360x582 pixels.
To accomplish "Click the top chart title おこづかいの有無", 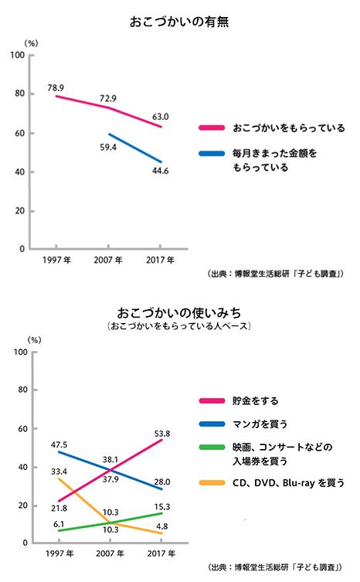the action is tap(179, 22).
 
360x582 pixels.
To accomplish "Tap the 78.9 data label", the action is tap(56, 88).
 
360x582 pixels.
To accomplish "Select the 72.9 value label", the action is tap(108, 98).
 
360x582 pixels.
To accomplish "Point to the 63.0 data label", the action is tap(161, 117).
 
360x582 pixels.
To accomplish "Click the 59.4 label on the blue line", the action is tap(108, 148).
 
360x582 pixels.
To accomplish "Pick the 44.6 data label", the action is tap(161, 171).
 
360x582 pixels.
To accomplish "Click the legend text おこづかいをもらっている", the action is tap(289, 128).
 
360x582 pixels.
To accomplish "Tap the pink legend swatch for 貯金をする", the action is tap(212, 400).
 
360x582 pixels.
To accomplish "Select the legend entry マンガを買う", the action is tap(260, 424).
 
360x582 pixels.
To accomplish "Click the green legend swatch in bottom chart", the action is tap(212, 447).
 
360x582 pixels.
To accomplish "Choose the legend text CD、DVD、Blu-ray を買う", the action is tap(288, 483).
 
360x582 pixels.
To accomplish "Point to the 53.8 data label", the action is tap(162, 434).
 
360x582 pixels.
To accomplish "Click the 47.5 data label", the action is tap(59, 444).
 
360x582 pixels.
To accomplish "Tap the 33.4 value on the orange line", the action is tap(59, 471).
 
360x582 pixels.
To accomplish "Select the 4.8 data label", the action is tap(162, 526).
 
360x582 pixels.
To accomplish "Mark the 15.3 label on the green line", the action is tap(162, 507).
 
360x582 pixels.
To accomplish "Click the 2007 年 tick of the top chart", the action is tap(108, 260).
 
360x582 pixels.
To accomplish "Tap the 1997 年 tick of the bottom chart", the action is tap(59, 553).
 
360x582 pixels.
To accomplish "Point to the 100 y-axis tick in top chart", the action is tap(18, 56).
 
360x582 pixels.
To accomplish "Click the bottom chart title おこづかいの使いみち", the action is tap(179, 313).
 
